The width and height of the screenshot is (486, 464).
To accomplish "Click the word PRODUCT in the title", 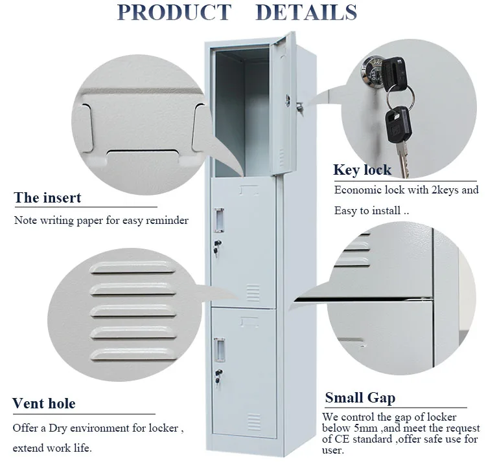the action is [x=173, y=13].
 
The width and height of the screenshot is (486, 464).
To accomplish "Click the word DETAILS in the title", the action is [x=307, y=13].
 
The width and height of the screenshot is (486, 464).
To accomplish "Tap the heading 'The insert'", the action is [x=48, y=197].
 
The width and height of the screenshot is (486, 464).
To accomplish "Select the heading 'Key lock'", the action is [x=362, y=170].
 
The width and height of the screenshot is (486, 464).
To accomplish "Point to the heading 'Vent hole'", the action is [x=44, y=404].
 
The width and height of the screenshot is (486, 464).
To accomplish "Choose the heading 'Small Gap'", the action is [x=360, y=397].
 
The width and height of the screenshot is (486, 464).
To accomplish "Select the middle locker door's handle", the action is [x=220, y=217].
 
